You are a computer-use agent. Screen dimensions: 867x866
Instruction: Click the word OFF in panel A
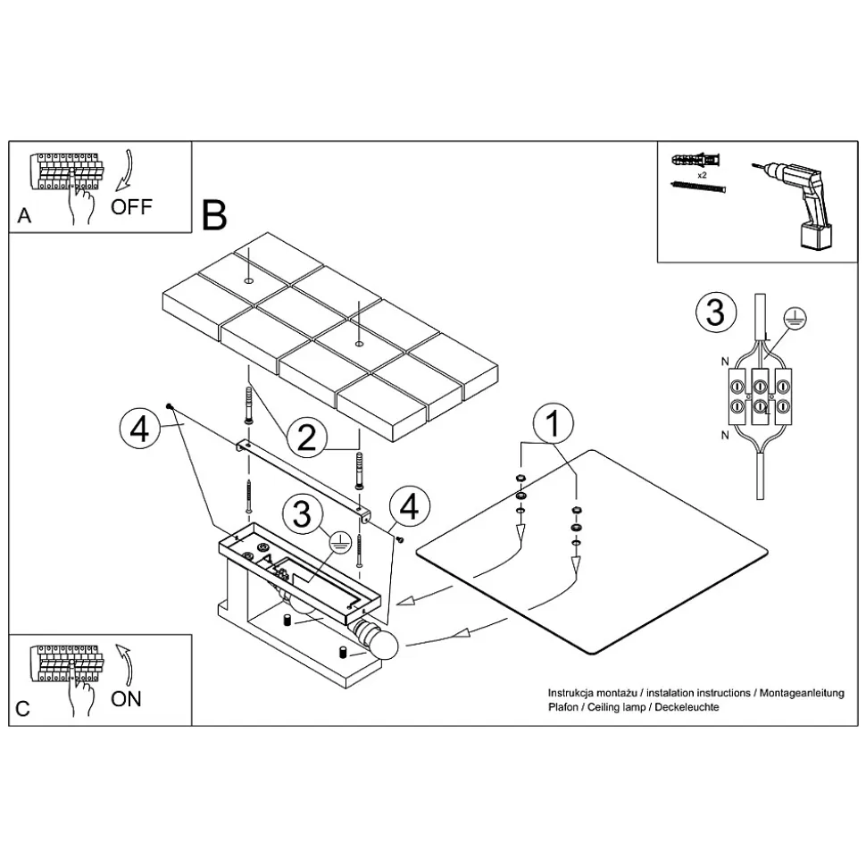click(131, 207)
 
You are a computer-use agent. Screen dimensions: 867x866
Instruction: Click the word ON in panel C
click(126, 698)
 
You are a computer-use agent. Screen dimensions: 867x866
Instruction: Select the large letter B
click(214, 214)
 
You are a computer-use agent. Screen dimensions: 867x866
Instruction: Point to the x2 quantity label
click(703, 176)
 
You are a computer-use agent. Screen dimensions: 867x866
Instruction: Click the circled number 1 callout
click(554, 424)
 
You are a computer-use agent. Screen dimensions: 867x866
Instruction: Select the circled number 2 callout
click(306, 438)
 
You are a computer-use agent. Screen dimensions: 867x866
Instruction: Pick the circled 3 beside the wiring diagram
click(715, 313)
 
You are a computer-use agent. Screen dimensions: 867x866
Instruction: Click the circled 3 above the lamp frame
click(302, 514)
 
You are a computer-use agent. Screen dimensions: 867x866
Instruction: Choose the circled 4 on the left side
click(138, 429)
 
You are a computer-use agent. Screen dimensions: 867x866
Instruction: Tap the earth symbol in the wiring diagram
click(789, 314)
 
